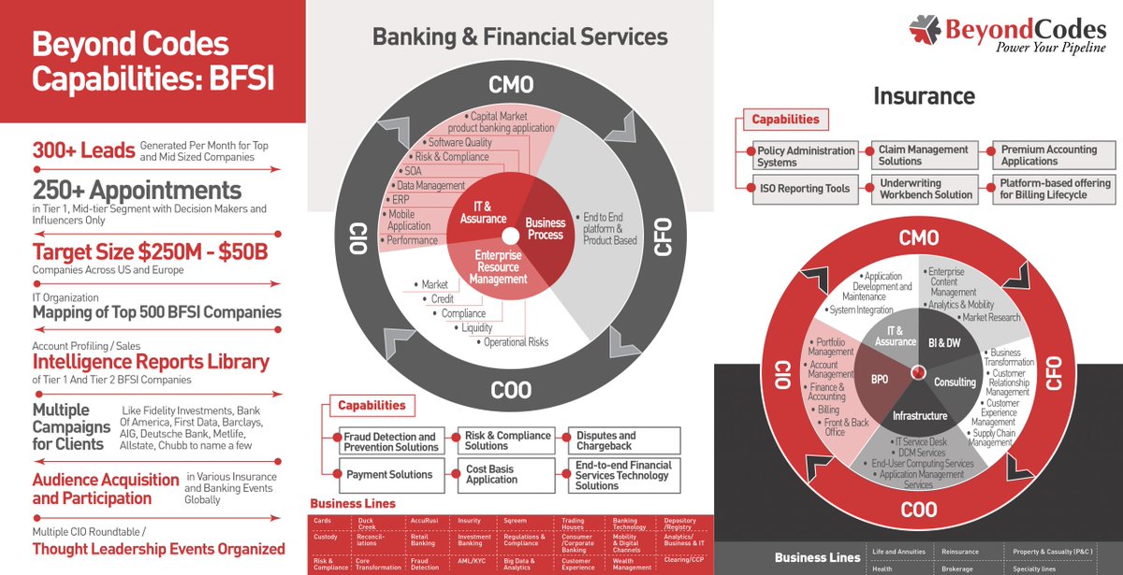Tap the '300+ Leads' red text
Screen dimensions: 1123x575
82,150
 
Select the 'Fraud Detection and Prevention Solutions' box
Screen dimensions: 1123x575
389,441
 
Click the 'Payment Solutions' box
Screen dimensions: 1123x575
389,474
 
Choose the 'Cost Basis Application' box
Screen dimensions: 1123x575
504,474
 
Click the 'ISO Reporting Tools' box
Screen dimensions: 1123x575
804,188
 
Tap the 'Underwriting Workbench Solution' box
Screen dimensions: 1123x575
924,189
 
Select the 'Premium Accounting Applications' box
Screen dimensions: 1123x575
1052,155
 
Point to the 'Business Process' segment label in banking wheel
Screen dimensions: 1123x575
546,228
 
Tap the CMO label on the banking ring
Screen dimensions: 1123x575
511,85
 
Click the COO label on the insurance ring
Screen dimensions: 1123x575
919,510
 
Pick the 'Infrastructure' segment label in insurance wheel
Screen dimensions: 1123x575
920,415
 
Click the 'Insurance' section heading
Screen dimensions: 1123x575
924,95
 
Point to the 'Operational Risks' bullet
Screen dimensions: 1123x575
516,342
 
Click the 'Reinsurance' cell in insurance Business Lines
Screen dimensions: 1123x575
959,552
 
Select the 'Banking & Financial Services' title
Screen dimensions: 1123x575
519,37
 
